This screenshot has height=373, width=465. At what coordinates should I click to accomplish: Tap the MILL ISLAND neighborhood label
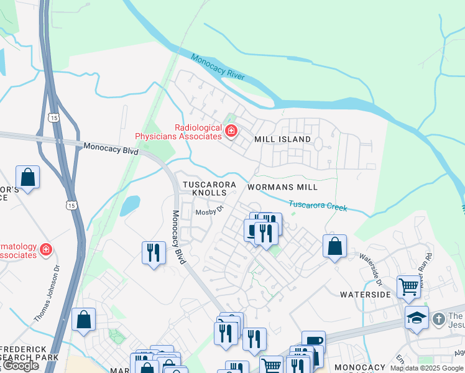pyautogui.click(x=282, y=139)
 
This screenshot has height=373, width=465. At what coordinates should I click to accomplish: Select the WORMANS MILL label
pyautogui.click(x=282, y=187)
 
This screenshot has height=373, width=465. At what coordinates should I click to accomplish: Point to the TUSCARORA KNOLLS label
pyautogui.click(x=209, y=189)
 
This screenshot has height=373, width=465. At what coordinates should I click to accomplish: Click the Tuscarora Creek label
pyautogui.click(x=318, y=206)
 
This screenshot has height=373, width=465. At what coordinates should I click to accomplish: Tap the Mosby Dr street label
pyautogui.click(x=209, y=212)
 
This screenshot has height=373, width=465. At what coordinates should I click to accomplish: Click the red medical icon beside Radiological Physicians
pyautogui.click(x=231, y=131)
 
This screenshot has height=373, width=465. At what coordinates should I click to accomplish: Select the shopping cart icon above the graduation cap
pyautogui.click(x=408, y=287)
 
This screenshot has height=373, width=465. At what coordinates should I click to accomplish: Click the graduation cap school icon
pyautogui.click(x=417, y=317)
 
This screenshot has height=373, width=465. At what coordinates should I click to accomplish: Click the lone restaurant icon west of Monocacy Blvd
pyautogui.click(x=154, y=252)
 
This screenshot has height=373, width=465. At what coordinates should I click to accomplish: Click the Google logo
pyautogui.click(x=21, y=366)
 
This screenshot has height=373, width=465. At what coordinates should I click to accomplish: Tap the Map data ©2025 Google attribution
pyautogui.click(x=426, y=368)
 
